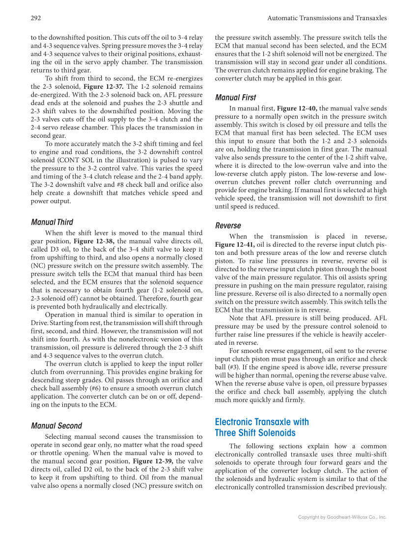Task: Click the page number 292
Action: (35, 18)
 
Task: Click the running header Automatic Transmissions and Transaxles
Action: (327, 18)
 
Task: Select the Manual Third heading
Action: (52, 222)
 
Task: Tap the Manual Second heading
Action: (56, 426)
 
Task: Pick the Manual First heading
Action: (235, 98)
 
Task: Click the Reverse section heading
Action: (228, 226)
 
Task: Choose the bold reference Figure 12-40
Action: (297, 108)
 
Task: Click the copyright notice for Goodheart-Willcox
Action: (342, 517)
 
